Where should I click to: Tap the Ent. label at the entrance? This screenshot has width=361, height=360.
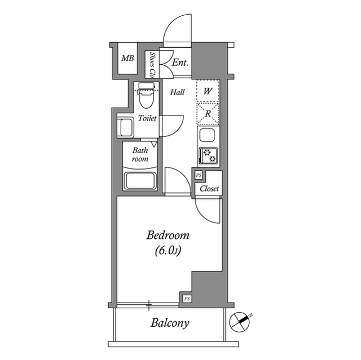coord(180,63)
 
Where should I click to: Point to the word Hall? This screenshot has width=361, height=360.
coord(177,92)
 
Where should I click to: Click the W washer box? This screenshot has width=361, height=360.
coord(208,91)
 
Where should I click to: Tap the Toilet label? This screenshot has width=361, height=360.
coord(147,119)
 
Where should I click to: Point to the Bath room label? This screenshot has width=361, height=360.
coord(140,154)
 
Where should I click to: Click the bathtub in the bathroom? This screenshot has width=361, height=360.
coord(140,181)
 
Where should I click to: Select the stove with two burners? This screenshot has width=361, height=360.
coord(208,154)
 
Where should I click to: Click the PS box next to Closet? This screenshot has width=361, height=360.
coord(199,176)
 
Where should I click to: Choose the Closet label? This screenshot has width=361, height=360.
coord(209,189)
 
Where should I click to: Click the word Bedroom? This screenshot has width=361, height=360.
coord(168,235)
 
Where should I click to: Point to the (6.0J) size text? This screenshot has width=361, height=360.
coord(168,251)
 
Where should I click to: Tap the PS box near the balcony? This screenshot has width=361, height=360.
coord(186,299)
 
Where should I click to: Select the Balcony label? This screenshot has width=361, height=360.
coord(169,323)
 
